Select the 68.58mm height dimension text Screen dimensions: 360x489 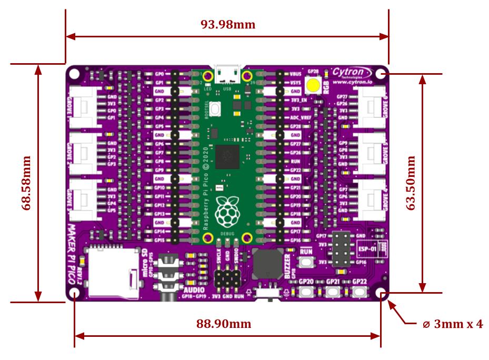point(26,183)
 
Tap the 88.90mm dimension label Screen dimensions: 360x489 point(224,323)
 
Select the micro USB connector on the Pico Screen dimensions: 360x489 point(227,73)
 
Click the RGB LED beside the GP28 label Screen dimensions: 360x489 point(314,85)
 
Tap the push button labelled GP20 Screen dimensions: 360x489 point(306,292)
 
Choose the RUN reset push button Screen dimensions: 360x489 point(306,262)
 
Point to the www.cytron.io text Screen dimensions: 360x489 point(353,82)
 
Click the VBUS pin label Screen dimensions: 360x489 point(296,74)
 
